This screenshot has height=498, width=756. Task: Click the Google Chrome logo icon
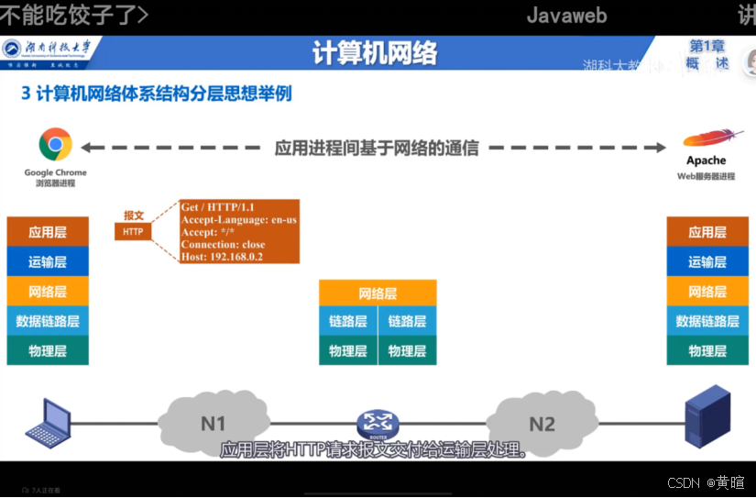tap(55, 145)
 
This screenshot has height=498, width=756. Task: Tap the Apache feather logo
tap(708, 140)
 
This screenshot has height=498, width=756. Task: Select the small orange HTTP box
tap(133, 232)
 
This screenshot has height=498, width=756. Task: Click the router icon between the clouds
tap(377, 423)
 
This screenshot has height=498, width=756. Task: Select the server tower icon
tap(707, 418)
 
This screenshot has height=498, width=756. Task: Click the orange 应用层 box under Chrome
tap(48, 232)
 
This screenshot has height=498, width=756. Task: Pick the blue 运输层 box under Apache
tap(707, 262)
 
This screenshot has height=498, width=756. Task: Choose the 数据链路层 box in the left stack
tap(48, 321)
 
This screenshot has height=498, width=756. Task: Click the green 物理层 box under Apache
tap(707, 350)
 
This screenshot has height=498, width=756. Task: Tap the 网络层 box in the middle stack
tap(378, 293)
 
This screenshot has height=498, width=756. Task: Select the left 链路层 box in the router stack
tap(348, 321)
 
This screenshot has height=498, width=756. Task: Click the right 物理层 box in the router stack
tap(407, 350)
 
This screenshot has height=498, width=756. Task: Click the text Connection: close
tap(223, 245)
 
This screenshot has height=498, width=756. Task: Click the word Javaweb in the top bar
tap(566, 16)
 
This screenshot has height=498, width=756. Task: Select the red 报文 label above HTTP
tap(134, 215)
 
